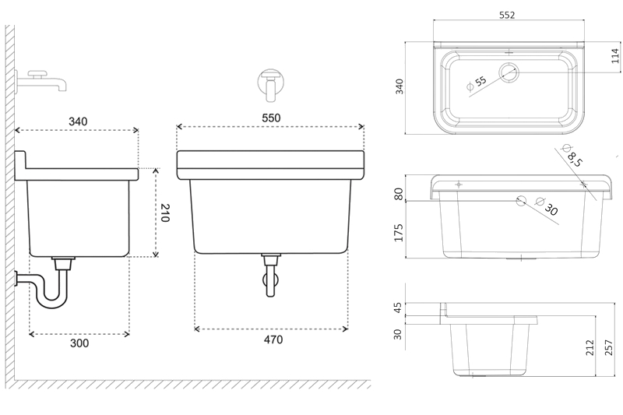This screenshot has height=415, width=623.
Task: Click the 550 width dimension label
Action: coord(270,117)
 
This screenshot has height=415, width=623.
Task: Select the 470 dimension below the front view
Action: coord(272,339)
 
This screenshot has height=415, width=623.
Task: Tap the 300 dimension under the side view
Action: coord(79,343)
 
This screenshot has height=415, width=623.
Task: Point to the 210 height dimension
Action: coord(164,213)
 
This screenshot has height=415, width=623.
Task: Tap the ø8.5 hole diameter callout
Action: coord(573,158)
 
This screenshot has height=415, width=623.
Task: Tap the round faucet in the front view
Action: coord(270,84)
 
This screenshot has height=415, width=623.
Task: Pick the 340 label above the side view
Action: coord(78,121)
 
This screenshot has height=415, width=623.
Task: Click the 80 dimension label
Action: coord(399,194)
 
